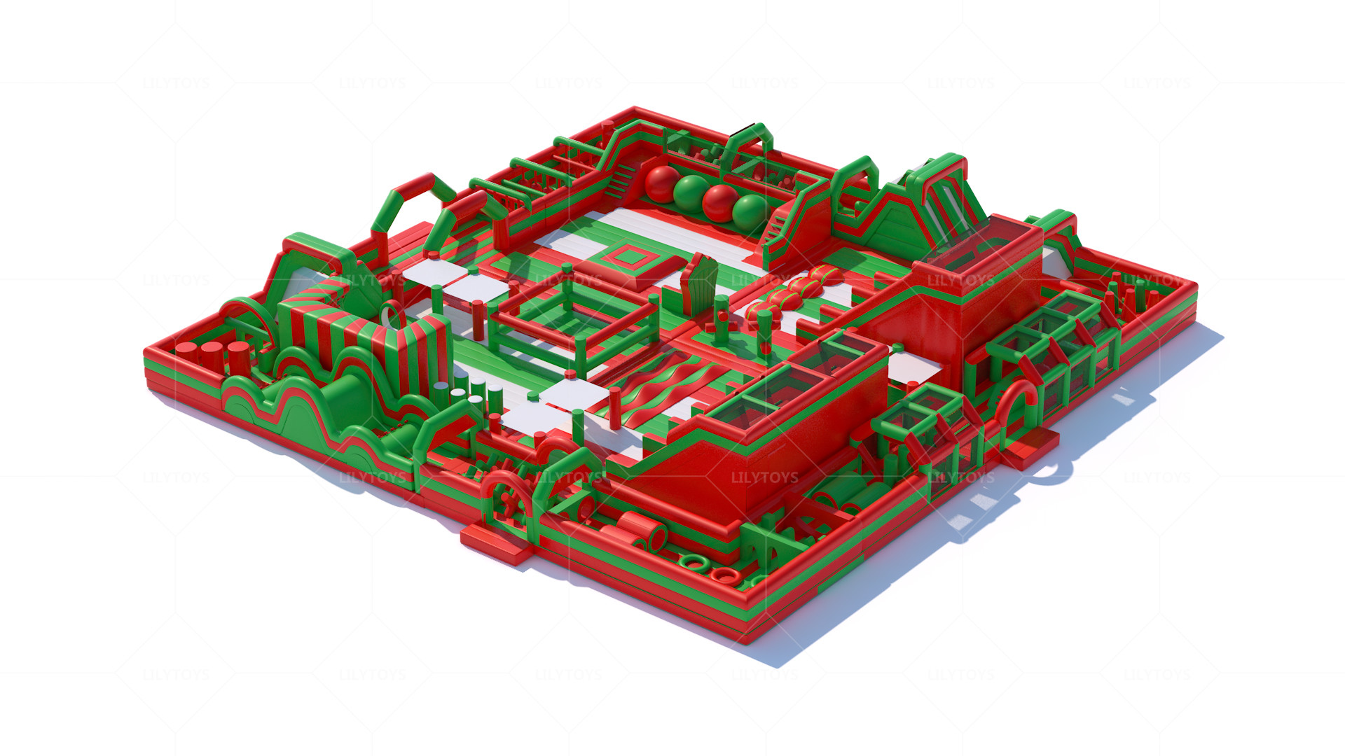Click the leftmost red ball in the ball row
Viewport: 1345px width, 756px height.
pyautogui.click(x=661, y=183)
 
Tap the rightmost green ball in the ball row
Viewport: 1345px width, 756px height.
pyautogui.click(x=749, y=212)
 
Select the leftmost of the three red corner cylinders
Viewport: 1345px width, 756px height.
pyautogui.click(x=186, y=351)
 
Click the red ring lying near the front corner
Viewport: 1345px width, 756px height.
pyautogui.click(x=724, y=576)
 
